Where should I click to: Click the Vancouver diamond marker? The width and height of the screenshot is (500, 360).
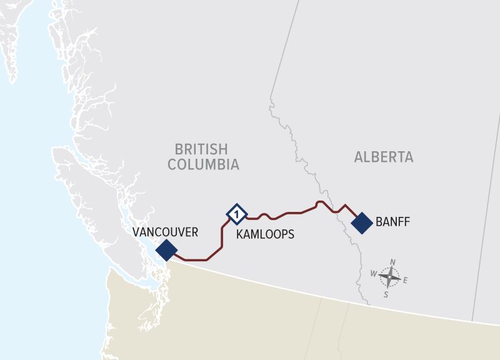[x=166, y=250]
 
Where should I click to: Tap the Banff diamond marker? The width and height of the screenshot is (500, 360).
[x=362, y=223]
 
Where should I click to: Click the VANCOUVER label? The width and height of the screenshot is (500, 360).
[x=165, y=232]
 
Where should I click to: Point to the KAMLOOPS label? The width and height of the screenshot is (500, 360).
[x=265, y=235]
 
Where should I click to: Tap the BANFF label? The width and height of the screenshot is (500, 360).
[x=392, y=222]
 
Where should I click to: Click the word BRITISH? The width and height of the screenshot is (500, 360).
[x=201, y=149]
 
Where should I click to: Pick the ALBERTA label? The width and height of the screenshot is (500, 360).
[x=384, y=157]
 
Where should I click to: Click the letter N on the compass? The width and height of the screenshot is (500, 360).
[x=392, y=262]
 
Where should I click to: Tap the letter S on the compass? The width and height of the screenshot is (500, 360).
[x=386, y=294]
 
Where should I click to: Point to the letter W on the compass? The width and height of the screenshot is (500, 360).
[x=374, y=274]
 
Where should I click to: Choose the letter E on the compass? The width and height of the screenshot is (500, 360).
[x=405, y=281]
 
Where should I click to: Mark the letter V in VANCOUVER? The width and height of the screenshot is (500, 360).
[x=136, y=232]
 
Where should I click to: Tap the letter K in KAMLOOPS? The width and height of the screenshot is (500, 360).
[x=240, y=235]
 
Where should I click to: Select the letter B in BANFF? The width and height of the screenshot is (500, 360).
[x=379, y=222]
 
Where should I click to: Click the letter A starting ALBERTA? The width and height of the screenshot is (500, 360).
[x=359, y=157]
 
